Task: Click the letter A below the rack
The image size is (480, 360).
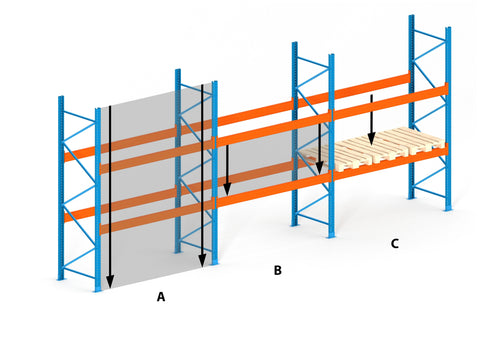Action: coord(161,296)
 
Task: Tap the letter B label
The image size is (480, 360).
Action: coord(277,270)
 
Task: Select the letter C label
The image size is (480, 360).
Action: coord(395,244)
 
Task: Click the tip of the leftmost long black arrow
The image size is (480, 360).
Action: coord(110,288)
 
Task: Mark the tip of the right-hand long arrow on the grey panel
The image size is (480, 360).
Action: coord(202,267)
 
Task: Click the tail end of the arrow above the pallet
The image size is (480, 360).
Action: coord(372,95)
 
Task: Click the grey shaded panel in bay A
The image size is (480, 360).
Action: coord(157,187)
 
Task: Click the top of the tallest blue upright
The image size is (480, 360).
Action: coord(412,16)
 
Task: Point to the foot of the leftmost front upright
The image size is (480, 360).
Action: coord(98,289)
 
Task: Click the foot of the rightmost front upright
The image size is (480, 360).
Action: coord(448,208)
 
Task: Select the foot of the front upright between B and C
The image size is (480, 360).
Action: coord(331,235)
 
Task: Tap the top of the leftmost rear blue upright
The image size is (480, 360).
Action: coord(61,97)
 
